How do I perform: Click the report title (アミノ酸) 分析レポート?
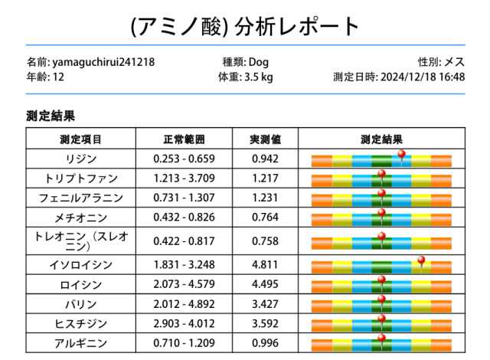[245, 26]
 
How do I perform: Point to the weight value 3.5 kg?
[258, 77]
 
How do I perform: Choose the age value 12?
[58, 77]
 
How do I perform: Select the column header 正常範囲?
[185, 139]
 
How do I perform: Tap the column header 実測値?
[266, 139]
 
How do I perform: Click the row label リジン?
[81, 159]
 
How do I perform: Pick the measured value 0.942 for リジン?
[266, 159]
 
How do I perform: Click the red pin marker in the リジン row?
[401, 155]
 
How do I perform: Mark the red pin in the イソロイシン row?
[420, 262]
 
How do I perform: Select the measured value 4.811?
[266, 266]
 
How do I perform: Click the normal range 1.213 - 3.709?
[185, 179]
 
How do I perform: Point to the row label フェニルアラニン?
[81, 198]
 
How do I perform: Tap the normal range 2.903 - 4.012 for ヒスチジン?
[185, 323]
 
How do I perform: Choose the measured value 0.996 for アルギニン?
[266, 343]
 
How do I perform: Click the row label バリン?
[81, 304]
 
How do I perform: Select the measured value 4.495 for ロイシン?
[266, 285]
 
